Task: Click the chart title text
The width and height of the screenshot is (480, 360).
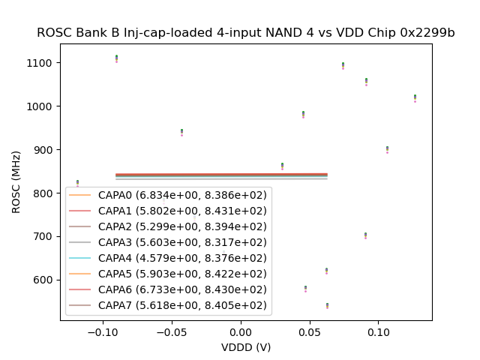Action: coord(246,33)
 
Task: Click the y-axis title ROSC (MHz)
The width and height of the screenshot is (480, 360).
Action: coord(16,182)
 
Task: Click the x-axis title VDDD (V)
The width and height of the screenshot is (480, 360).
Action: coord(246,347)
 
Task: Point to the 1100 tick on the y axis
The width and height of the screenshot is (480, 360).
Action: coord(42,63)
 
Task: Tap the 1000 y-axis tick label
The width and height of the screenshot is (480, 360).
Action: coord(42,106)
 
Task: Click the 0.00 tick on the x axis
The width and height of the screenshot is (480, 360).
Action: coord(241,331)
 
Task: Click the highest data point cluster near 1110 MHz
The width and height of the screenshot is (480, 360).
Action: coord(116,58)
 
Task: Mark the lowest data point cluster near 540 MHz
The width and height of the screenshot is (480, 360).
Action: coord(327,305)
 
